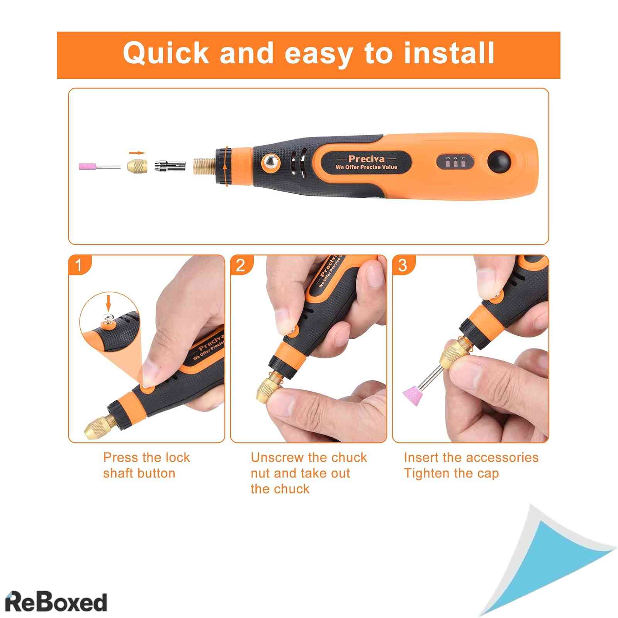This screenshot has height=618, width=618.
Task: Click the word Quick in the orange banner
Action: tap(166, 53)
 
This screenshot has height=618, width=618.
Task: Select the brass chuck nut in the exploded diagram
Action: tap(137, 166)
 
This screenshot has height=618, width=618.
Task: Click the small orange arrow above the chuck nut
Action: tap(137, 153)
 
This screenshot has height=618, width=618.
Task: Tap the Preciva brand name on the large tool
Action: tap(366, 159)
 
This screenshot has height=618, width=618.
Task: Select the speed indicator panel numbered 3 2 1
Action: tap(455, 162)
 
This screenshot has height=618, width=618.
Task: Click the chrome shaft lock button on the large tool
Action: tap(271, 162)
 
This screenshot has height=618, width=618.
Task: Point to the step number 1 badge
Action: tap(80, 265)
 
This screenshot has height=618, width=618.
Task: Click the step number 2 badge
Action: tap(241, 265)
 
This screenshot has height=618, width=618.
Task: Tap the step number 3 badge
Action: tap(403, 265)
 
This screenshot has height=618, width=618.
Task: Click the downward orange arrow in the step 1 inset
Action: tap(109, 302)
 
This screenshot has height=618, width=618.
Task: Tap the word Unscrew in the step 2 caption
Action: tap(278, 458)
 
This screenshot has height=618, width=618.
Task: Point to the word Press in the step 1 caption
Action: tap(121, 458)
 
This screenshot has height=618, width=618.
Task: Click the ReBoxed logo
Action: tap(56, 602)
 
